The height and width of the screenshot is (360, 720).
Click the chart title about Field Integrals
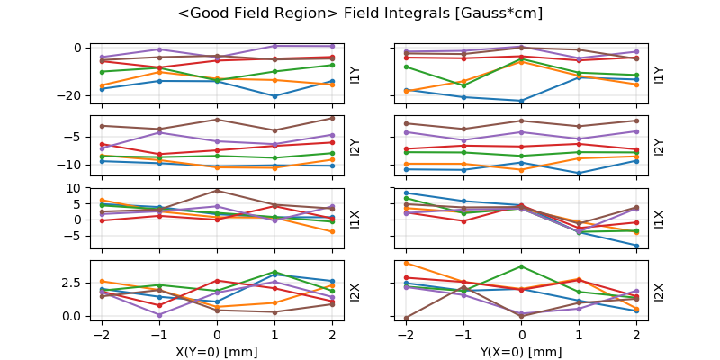(x=360, y=13)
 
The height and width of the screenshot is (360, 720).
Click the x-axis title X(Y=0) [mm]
(x=217, y=352)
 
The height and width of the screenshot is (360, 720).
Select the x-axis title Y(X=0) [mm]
(x=522, y=352)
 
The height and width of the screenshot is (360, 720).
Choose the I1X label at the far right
(x=659, y=218)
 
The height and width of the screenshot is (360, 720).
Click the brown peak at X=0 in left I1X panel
(x=217, y=190)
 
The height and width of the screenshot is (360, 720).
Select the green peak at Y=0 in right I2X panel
(x=522, y=266)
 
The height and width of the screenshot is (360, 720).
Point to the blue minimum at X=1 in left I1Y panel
(x=274, y=96)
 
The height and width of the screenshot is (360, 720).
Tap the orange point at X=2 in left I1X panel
(x=332, y=232)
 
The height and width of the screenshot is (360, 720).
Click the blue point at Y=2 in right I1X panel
(x=636, y=246)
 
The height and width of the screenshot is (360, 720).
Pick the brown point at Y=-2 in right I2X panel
(x=407, y=318)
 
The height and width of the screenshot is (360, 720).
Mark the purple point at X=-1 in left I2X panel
(x=159, y=315)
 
